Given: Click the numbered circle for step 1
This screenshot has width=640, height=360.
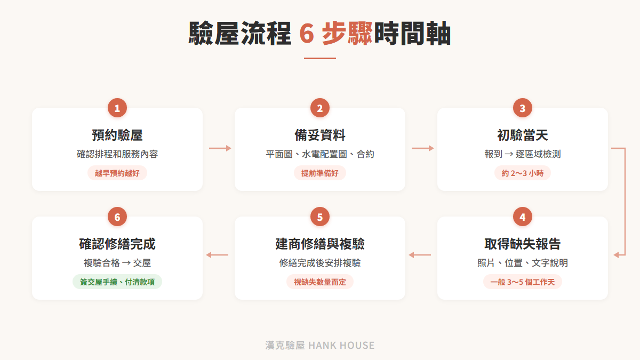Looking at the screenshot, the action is [x=117, y=108].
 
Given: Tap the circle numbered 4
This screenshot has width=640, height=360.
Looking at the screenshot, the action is [x=522, y=217].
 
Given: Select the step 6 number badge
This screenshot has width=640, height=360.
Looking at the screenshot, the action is [x=117, y=217].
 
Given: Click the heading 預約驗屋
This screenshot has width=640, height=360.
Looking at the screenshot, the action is [x=117, y=135].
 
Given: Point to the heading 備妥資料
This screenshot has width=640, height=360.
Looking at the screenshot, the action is [x=319, y=135].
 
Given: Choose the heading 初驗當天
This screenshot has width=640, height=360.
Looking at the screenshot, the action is [x=522, y=135].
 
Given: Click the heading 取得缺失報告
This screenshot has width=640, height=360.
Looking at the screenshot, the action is [x=522, y=244].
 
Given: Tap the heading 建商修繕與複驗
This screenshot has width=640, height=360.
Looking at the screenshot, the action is [x=319, y=244].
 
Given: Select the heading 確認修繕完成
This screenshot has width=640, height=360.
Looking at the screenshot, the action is [x=117, y=244].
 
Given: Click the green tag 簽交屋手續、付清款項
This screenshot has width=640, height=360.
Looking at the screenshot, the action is [x=117, y=282].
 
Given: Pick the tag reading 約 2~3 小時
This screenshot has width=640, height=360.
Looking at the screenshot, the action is [x=522, y=173].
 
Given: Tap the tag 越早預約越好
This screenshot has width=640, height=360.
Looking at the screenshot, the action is [x=117, y=173].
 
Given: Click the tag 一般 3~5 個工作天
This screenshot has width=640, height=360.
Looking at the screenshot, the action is [x=522, y=282].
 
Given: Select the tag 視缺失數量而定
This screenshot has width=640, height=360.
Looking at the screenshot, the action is [x=319, y=282].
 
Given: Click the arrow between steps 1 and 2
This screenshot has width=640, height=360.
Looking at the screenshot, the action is [x=220, y=148].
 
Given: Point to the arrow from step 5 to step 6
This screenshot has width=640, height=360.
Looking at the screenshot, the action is [x=217, y=254].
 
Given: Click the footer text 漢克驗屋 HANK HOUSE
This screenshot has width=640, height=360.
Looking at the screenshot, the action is [x=319, y=345].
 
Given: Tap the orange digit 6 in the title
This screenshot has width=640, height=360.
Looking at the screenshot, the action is [x=307, y=34].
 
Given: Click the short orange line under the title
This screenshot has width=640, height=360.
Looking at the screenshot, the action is [x=319, y=58].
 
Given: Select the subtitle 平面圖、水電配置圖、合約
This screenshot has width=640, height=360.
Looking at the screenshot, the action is [x=319, y=154].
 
